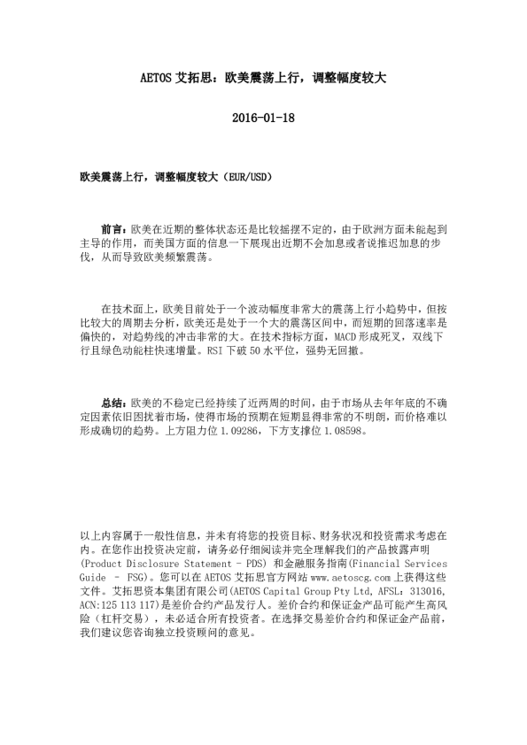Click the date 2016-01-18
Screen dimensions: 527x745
click(263, 118)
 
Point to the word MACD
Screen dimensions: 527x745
click(349, 337)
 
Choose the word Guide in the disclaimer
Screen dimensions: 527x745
click(95, 577)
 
